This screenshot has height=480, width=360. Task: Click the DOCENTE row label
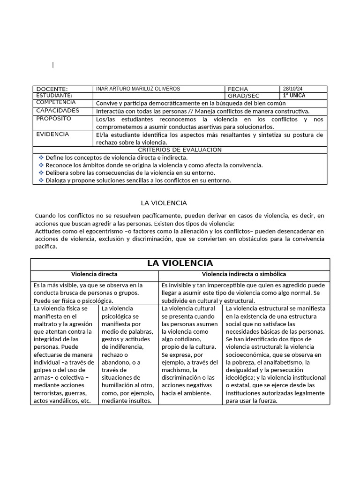52,89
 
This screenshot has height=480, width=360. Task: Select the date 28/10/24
292,89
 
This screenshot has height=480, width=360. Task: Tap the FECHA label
238,89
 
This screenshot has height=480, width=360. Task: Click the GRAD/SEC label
243,96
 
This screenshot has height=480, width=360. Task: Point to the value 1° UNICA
294,96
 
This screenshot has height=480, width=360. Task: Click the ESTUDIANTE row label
54,96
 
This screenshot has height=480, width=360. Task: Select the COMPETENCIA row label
56,102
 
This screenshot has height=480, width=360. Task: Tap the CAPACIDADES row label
58,111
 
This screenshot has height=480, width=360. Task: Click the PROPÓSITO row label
53,119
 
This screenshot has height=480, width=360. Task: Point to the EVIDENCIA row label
52,134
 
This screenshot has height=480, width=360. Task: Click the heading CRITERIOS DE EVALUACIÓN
180,150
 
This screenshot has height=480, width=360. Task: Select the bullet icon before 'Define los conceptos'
41,157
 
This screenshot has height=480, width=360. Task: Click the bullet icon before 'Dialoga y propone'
41,180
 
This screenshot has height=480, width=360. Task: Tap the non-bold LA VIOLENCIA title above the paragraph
164,203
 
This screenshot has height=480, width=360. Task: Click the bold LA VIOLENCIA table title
180,263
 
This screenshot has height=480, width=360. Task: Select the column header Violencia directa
94,274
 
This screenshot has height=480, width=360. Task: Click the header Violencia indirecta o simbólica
244,274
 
